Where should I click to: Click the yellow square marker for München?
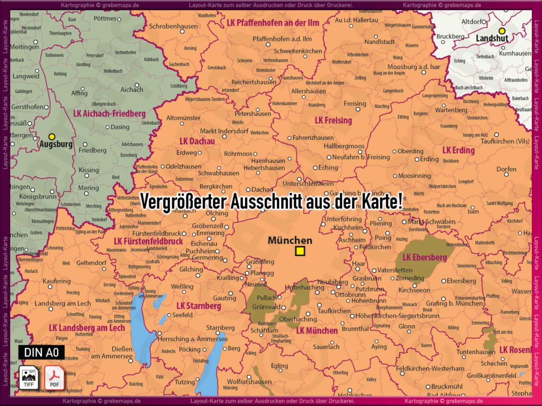(300, 251)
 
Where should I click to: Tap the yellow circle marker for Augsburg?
(51, 136)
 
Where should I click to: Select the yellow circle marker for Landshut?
(502, 31)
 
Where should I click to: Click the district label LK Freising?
(333, 120)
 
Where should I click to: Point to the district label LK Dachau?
(197, 141)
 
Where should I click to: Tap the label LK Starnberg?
(198, 306)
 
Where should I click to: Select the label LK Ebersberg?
(424, 257)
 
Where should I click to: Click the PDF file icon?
(53, 377)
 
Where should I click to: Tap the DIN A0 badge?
(41, 352)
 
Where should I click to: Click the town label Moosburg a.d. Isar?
(413, 67)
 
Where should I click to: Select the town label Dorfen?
(506, 169)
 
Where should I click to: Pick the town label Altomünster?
(183, 118)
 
